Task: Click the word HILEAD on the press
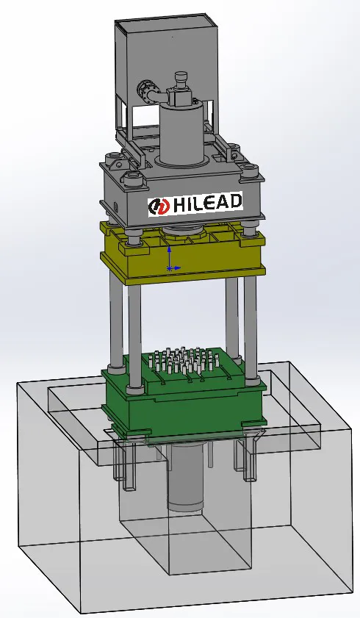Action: click(208, 203)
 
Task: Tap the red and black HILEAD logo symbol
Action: click(159, 206)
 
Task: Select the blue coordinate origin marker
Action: click(170, 268)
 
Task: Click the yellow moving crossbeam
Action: click(183, 254)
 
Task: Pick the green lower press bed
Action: click(184, 398)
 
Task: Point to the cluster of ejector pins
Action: click(184, 361)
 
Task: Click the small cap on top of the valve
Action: click(181, 75)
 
